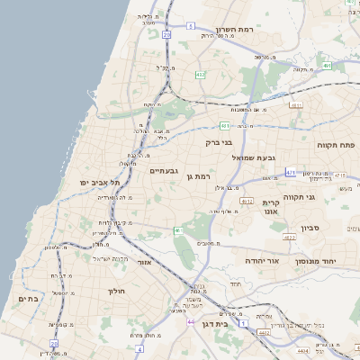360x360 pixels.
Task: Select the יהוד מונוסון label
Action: [x=315, y=260]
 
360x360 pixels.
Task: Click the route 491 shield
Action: [x=328, y=66]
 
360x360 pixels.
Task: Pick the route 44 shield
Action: [x=191, y=320]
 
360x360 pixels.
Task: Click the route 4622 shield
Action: [x=289, y=238]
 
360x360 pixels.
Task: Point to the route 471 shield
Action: [x=291, y=171]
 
